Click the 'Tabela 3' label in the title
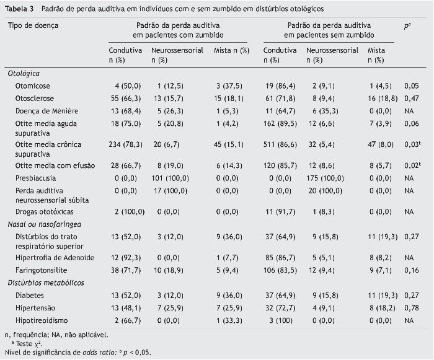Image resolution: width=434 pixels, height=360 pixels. [19, 9]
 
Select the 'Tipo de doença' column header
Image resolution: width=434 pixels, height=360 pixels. [33, 25]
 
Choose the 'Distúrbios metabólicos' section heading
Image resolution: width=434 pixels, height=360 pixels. [44, 283]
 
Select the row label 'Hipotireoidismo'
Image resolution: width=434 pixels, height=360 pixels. [42, 320]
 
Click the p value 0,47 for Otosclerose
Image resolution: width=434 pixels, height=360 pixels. [409, 98]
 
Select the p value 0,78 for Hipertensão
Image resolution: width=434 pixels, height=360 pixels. [409, 307]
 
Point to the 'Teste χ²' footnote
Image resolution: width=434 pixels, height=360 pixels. [27, 343]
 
